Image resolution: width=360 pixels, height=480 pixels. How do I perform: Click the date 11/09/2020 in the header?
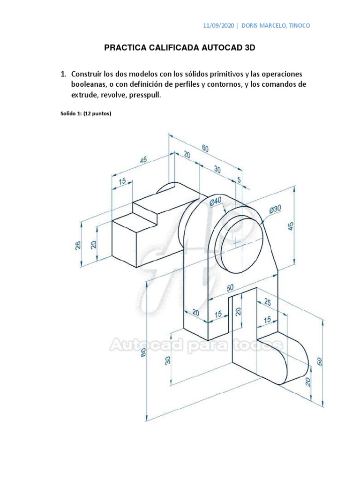click(219, 25)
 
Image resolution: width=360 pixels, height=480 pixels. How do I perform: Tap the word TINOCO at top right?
click(299, 25)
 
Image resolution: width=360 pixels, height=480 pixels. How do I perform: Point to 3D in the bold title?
click(250, 48)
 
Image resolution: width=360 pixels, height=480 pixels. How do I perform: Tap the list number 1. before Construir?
click(63, 75)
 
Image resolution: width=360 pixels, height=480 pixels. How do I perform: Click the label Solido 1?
click(70, 112)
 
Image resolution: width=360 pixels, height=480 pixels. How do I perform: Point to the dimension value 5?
click(239, 180)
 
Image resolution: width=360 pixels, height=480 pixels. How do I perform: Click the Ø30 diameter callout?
click(275, 210)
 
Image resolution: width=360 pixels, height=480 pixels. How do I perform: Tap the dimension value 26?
click(78, 245)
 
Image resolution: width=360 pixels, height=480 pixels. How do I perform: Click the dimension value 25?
click(267, 303)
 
